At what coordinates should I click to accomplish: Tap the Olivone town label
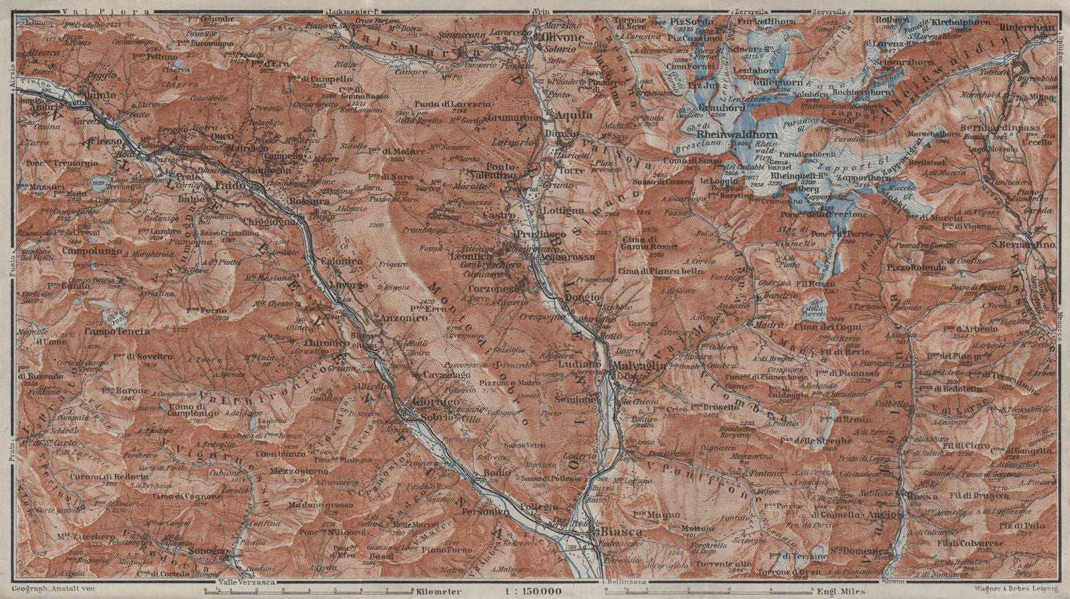click(563, 37)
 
